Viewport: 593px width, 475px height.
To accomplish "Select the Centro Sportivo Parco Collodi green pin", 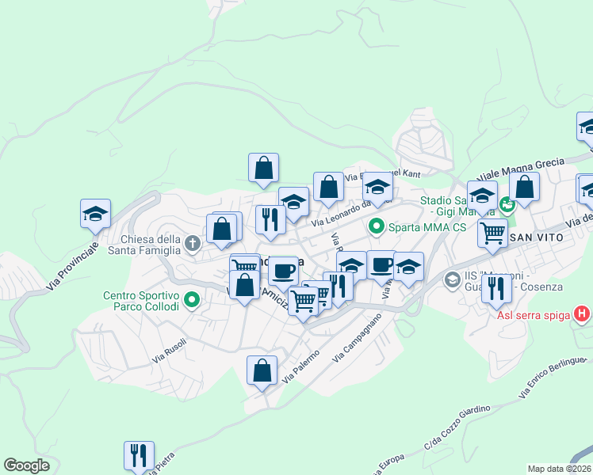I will pyautogui.click(x=191, y=300).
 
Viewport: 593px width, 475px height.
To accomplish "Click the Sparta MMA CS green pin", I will pyautogui.click(x=376, y=227).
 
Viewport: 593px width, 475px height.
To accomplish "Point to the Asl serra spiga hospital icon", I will pyautogui.click(x=583, y=314).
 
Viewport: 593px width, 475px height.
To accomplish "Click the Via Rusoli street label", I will pyautogui.click(x=170, y=351).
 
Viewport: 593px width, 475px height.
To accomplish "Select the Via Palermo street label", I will pyautogui.click(x=300, y=367).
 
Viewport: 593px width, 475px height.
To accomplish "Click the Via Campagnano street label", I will pyautogui.click(x=356, y=337).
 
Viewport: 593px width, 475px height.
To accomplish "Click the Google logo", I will pyautogui.click(x=26, y=465).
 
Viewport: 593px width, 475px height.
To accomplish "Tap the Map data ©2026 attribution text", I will pyautogui.click(x=560, y=469).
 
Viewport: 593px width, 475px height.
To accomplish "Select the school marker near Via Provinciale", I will pyautogui.click(x=95, y=214).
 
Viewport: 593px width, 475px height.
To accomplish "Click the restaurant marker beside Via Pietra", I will pyautogui.click(x=139, y=456).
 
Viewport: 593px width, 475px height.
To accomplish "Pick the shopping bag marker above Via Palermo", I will pyautogui.click(x=262, y=370).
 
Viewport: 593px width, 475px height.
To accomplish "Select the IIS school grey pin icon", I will pyautogui.click(x=452, y=279).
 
